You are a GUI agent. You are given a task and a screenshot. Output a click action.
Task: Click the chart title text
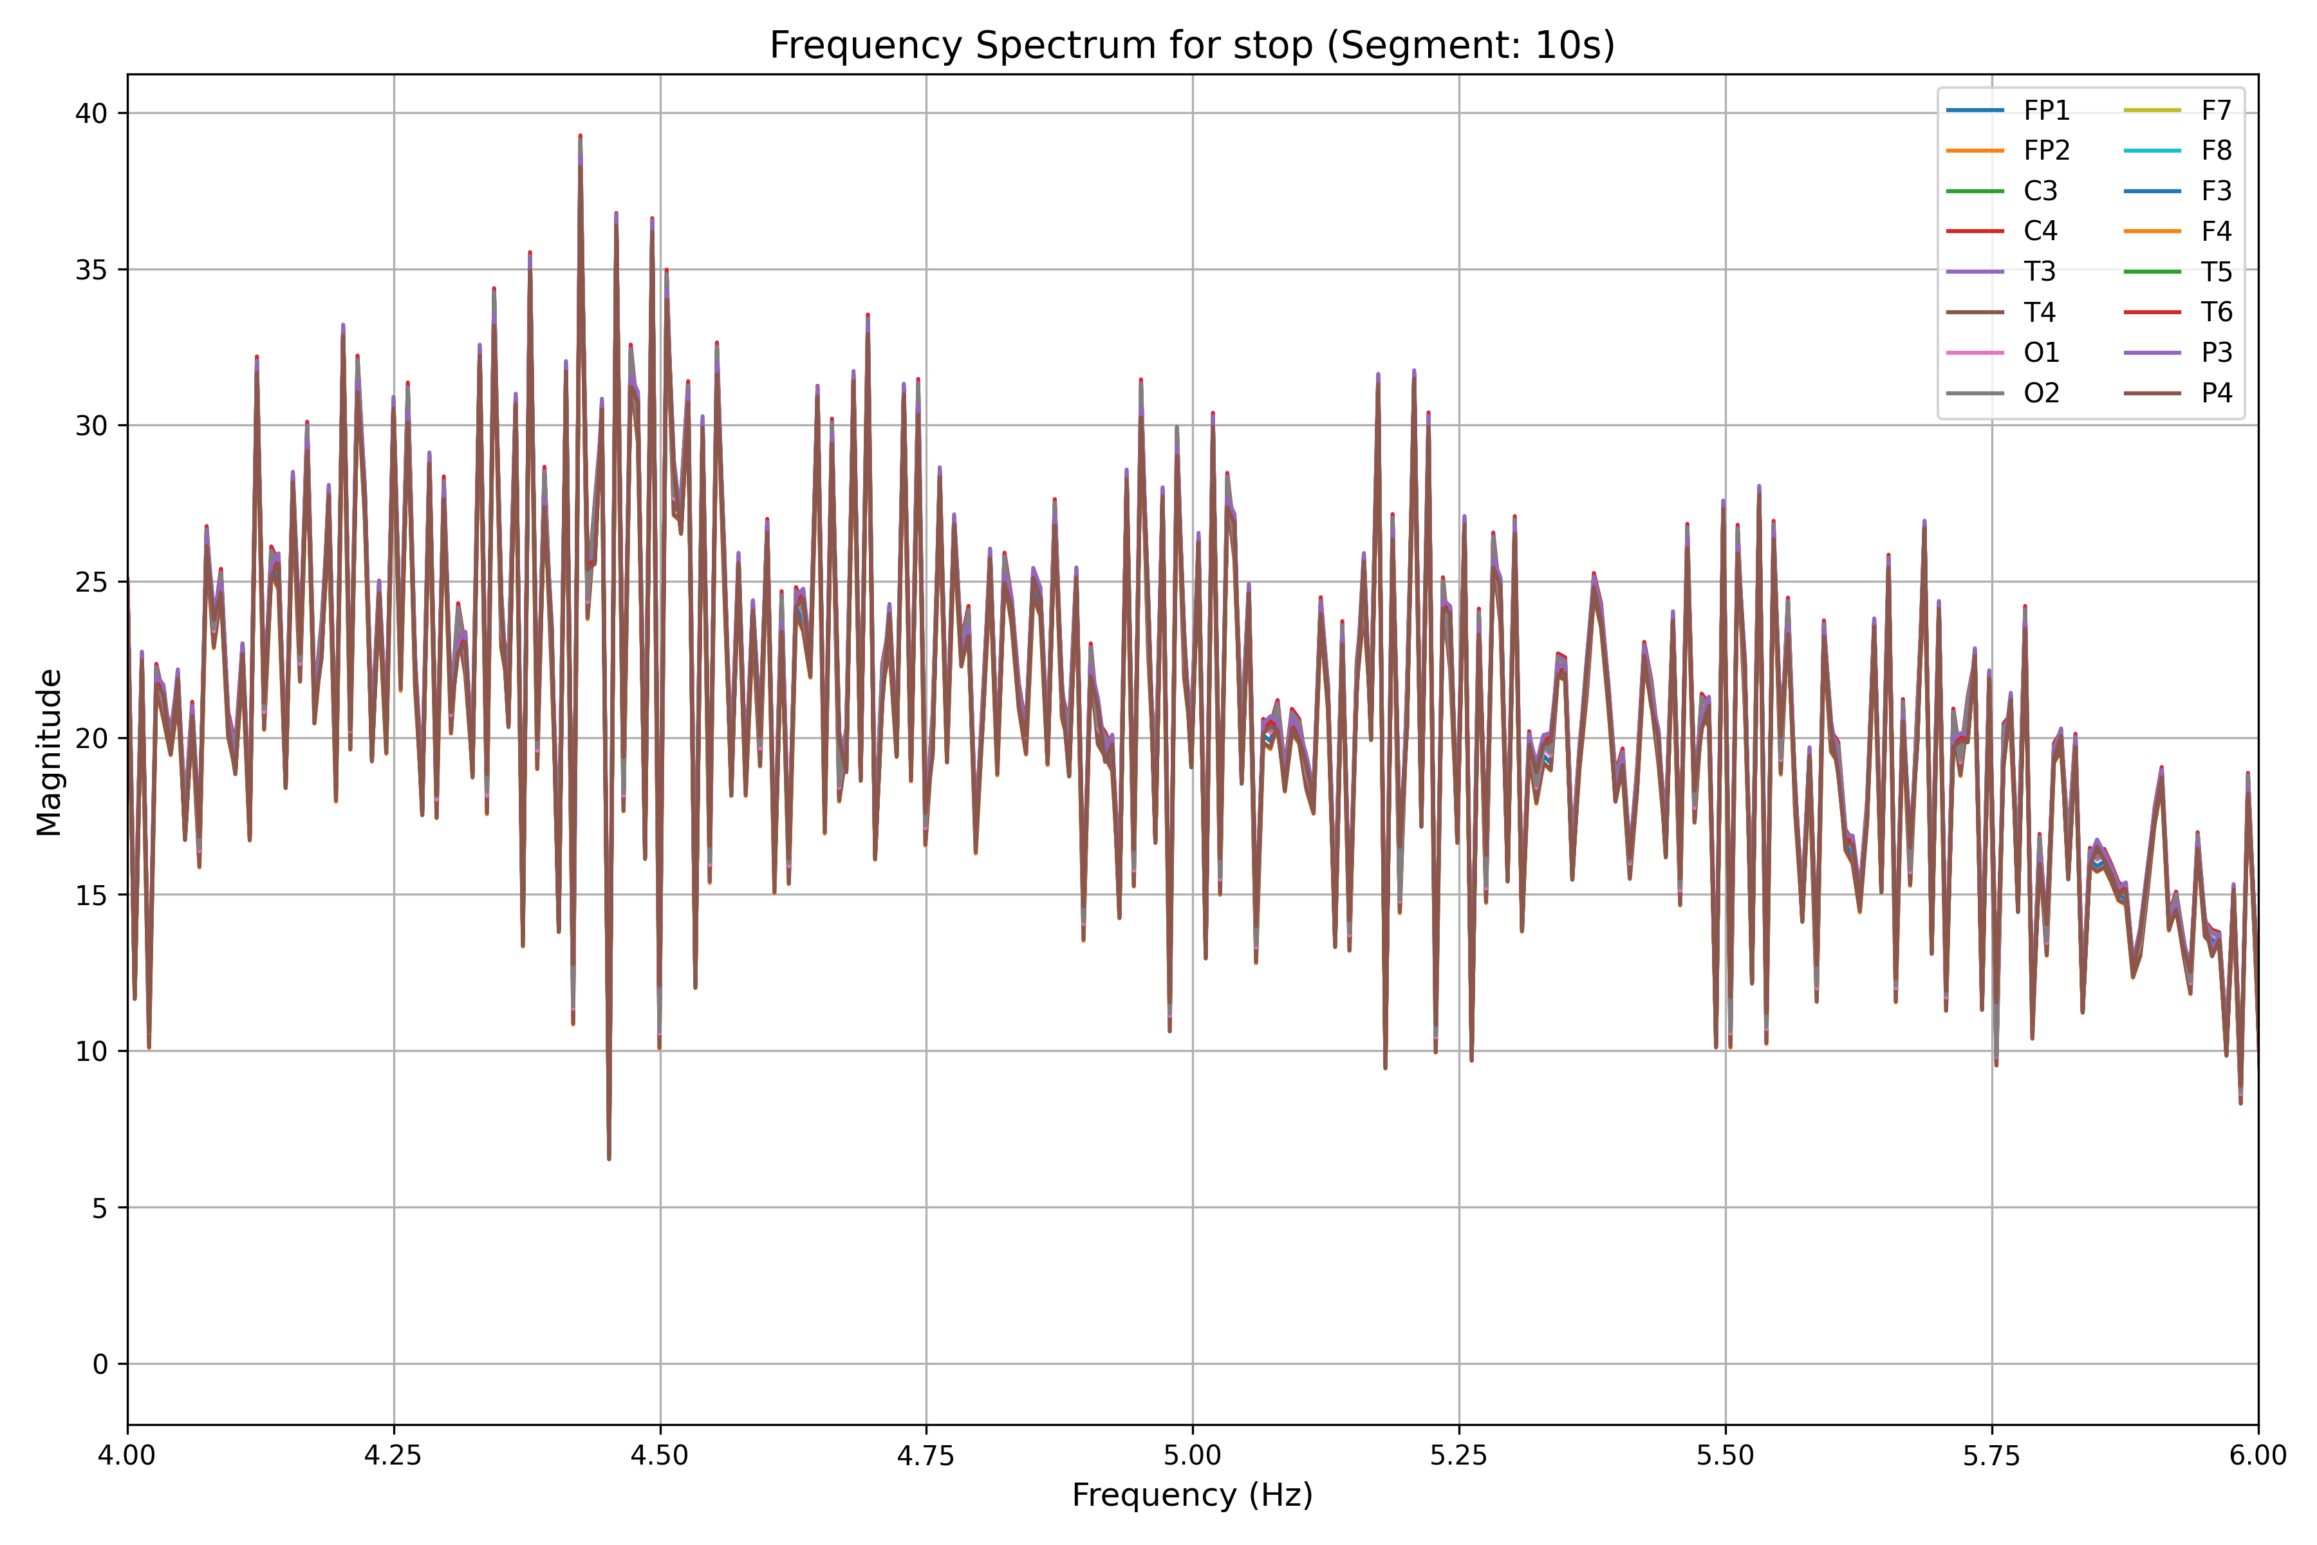tap(1192, 45)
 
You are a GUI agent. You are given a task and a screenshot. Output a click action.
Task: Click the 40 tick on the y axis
tap(91, 113)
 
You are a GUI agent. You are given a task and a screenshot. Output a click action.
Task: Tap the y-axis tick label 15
tap(91, 895)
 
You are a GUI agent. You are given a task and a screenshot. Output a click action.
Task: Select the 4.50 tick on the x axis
tap(660, 1456)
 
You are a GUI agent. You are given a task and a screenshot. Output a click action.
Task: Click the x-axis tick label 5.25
tap(1459, 1456)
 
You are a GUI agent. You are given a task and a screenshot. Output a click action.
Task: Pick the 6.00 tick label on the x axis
tap(2257, 1456)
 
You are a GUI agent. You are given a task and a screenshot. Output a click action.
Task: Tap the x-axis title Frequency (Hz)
tap(1192, 1495)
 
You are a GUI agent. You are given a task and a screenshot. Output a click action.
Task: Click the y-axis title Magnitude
tap(50, 752)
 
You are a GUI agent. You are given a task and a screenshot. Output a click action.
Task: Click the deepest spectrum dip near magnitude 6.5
tap(609, 1157)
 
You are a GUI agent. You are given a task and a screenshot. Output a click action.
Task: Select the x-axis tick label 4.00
tap(128, 1456)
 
